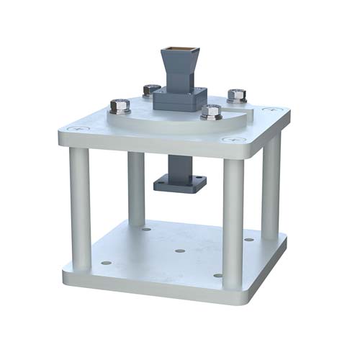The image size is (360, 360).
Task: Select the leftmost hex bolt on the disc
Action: pyautogui.click(x=120, y=107)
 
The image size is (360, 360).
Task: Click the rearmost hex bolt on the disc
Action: pyautogui.click(x=151, y=90)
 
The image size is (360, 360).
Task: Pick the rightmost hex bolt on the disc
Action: pyautogui.click(x=237, y=95)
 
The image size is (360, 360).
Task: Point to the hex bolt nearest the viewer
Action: pyautogui.click(x=211, y=112)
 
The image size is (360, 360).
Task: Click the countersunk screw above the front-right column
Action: pyautogui.click(x=231, y=139)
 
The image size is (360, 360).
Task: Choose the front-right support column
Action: pyautogui.click(x=233, y=223)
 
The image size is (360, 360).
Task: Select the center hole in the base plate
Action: pyautogui.click(x=180, y=251)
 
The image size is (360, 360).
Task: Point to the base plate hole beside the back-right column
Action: pyautogui.click(x=249, y=240)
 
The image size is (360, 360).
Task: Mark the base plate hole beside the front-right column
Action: pyautogui.click(x=217, y=275)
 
